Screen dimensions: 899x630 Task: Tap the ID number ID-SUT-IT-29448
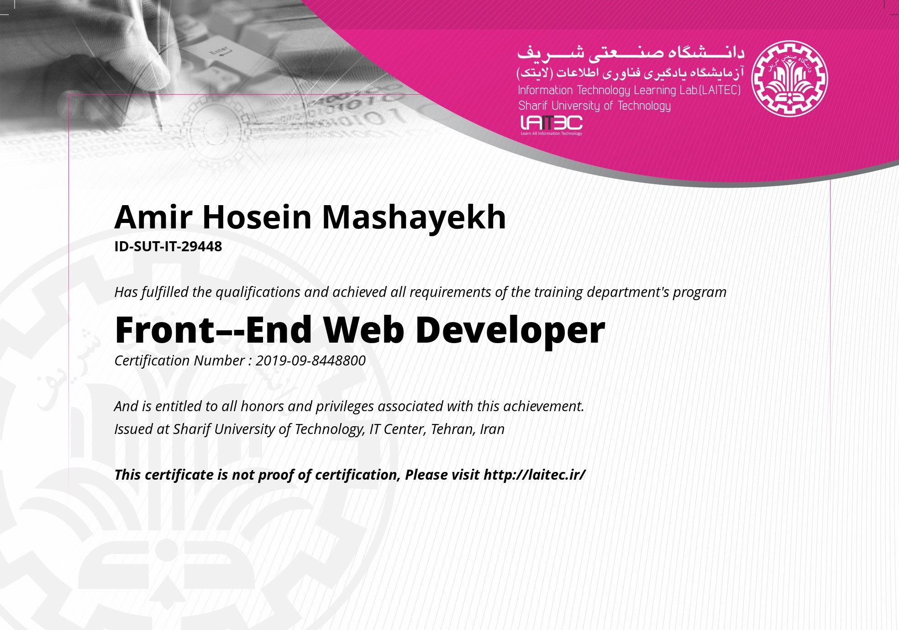coord(168,246)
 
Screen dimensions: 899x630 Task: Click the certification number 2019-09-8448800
coord(310,360)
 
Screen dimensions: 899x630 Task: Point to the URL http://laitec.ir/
coord(534,475)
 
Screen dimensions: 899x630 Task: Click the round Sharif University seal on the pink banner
coord(789,79)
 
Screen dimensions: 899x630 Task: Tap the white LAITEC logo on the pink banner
coord(552,125)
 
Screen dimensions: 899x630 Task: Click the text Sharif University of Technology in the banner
coord(594,106)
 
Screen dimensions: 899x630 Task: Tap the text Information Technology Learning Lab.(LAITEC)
coord(629,90)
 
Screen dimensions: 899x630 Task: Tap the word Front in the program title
coord(165,330)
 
